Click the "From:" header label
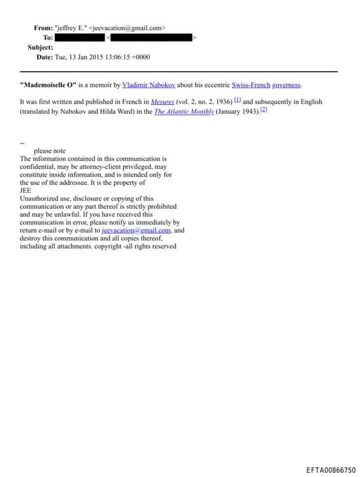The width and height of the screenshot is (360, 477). point(43,28)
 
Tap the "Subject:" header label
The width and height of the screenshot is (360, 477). point(40,47)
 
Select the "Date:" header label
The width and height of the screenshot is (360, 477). point(44,57)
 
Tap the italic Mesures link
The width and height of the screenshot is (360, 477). point(163,102)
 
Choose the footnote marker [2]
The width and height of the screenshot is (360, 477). point(264,110)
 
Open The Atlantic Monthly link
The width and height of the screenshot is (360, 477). point(184,111)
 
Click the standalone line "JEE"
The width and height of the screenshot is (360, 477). point(26,190)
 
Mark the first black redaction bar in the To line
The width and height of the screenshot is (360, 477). point(79,37)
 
